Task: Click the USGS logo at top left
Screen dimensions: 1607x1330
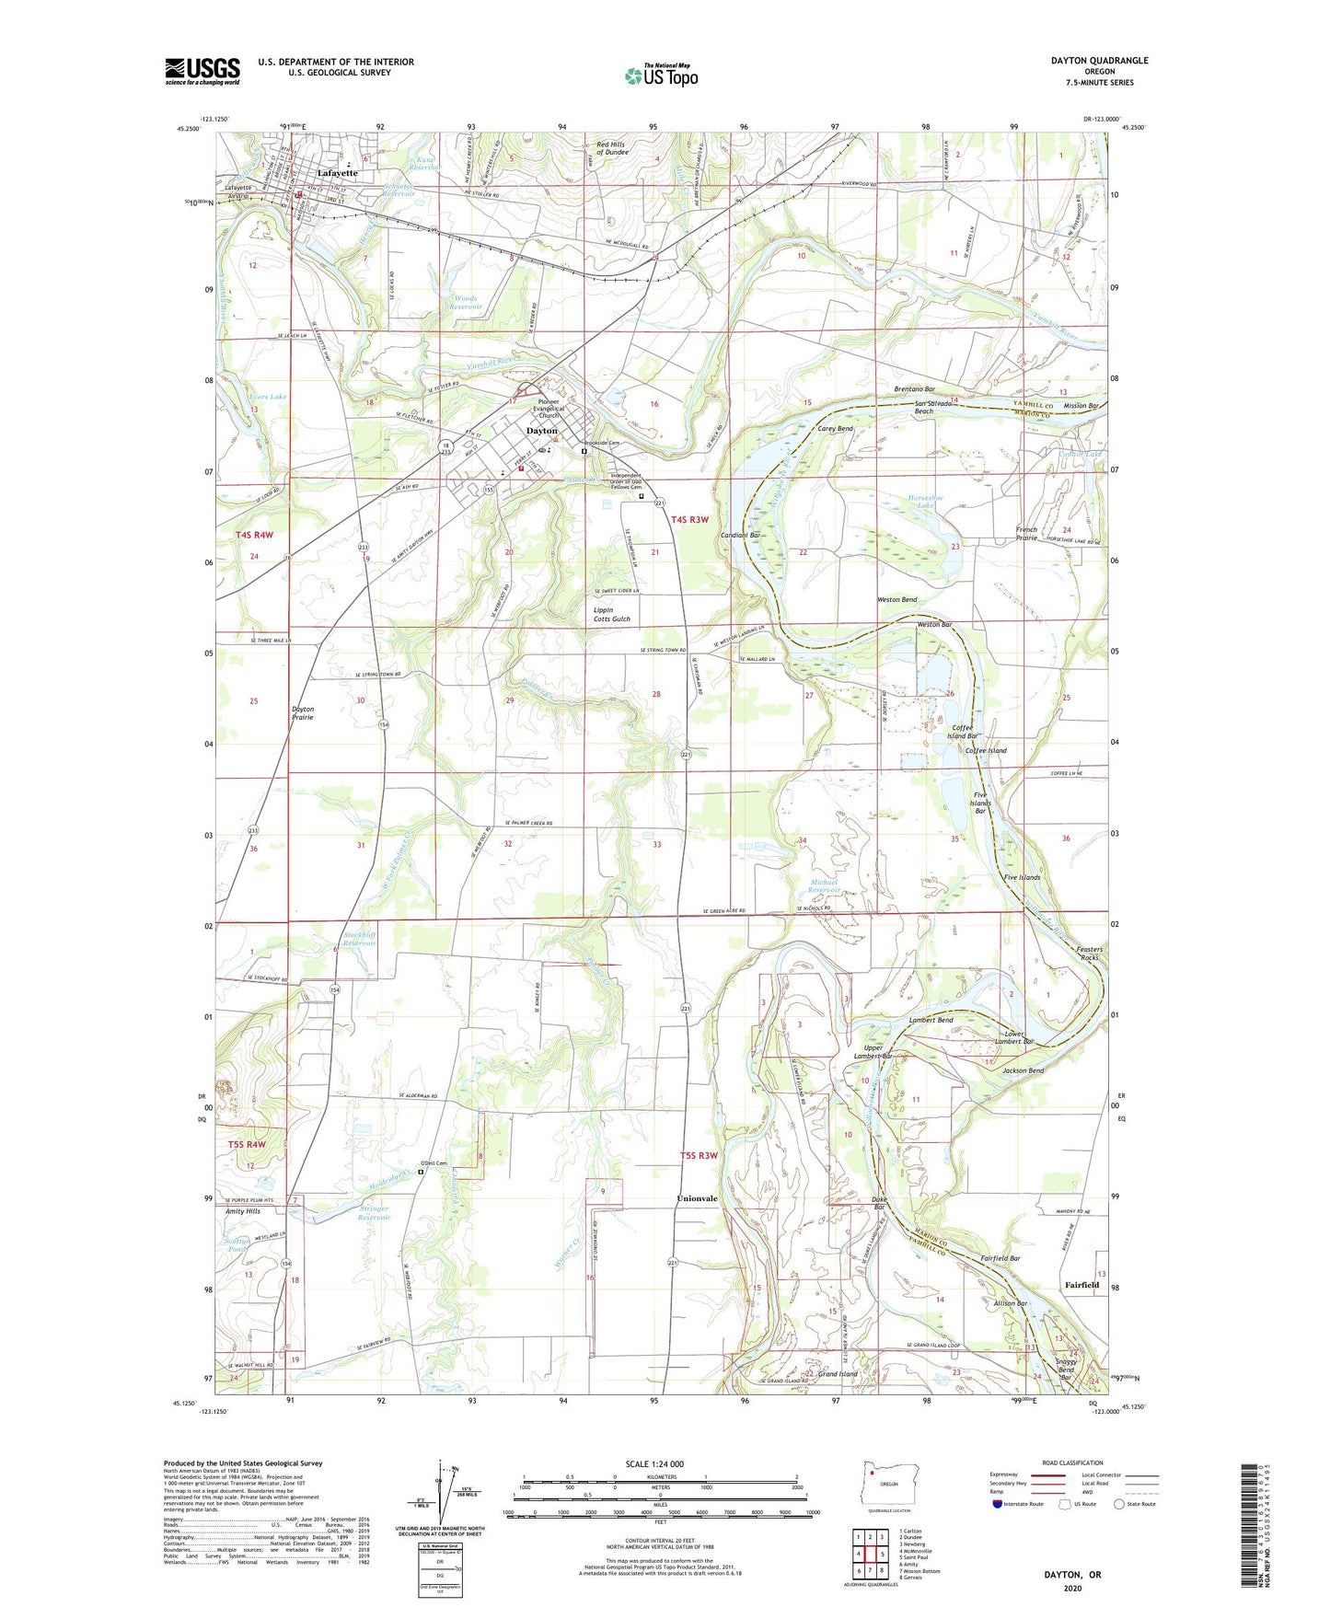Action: coord(202,71)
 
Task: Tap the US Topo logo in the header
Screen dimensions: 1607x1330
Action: coord(661,76)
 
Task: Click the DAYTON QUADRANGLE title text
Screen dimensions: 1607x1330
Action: coord(1099,61)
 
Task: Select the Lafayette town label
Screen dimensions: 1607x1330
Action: coord(337,173)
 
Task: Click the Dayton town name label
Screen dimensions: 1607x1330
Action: coord(541,431)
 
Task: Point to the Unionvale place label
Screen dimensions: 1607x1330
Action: coord(697,1199)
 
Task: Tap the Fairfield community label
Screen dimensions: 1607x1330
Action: coord(1081,1285)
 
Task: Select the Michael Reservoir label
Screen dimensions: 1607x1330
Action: coord(824,886)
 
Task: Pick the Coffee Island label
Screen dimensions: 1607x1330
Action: coord(986,751)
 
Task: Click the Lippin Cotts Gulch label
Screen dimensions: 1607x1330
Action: coord(611,615)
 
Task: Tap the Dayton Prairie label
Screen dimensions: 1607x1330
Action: coord(302,713)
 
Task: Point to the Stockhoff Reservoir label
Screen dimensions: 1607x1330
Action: coord(359,939)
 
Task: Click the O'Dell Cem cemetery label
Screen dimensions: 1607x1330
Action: coord(435,1163)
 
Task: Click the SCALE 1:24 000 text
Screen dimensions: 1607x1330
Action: coord(654,1464)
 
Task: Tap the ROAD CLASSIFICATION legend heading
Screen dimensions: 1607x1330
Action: coord(1072,1462)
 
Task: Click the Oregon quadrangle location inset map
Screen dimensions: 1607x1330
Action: coord(888,1485)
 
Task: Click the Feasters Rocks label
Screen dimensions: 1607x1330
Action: coord(1089,954)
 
